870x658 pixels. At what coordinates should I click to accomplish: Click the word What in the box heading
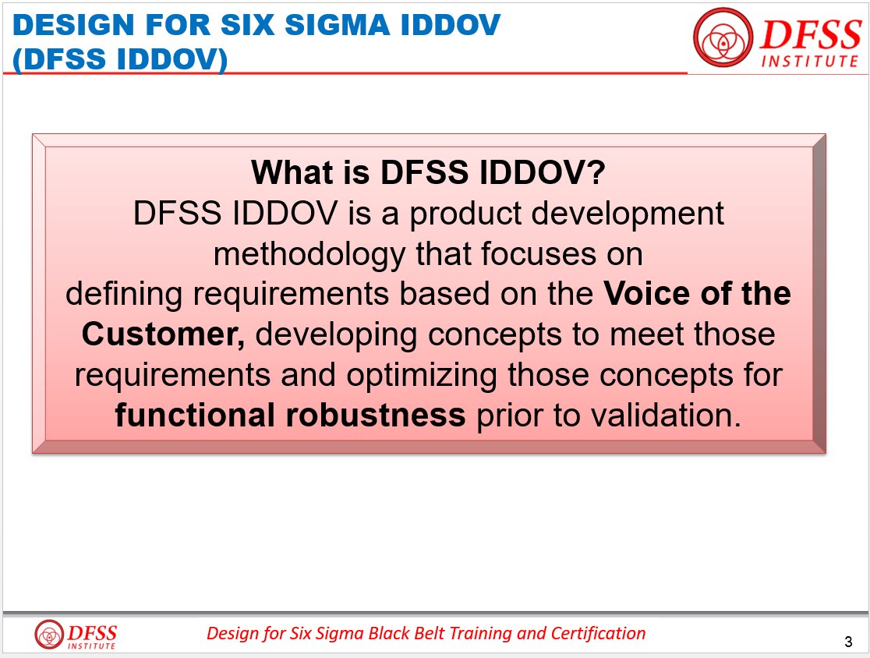coord(290,172)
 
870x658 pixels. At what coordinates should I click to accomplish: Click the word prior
coord(504,416)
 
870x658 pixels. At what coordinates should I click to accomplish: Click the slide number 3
coord(847,642)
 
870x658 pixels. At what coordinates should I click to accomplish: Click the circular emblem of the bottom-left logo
coord(49,633)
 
